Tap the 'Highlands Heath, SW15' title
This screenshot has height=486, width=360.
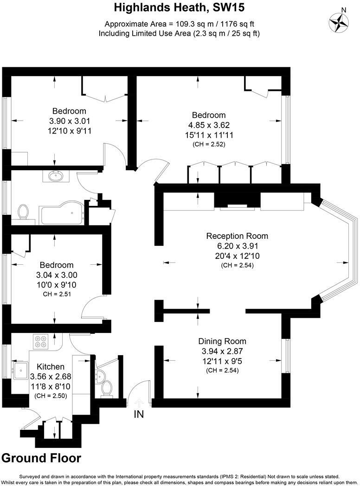point(180,7)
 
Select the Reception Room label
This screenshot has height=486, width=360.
point(237,236)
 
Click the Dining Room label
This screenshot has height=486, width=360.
point(222,341)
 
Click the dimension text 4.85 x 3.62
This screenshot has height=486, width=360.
point(209,125)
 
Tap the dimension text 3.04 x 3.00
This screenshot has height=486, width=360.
point(57,275)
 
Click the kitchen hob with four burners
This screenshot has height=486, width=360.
point(40,342)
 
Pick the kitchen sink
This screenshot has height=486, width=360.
point(21,370)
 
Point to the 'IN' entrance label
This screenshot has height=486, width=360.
point(139,415)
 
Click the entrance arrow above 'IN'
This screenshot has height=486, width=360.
point(139,403)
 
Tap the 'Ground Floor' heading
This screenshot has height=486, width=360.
point(41,458)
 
